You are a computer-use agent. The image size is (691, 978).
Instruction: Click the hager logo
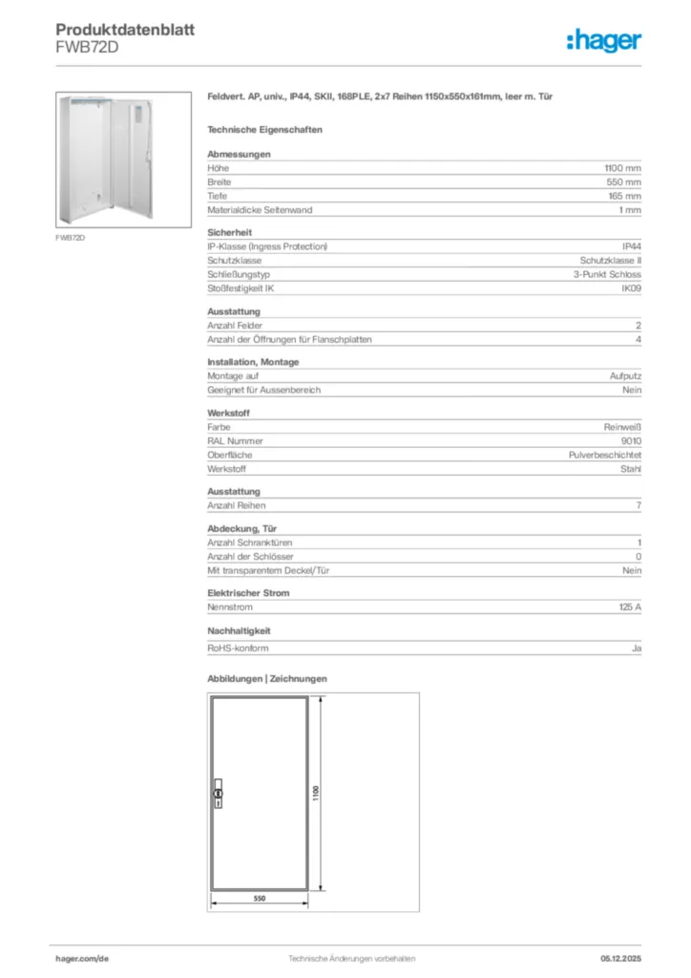point(604,40)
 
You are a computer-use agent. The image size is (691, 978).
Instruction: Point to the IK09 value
point(632,287)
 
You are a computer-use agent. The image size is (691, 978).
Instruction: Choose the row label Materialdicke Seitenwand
point(260,209)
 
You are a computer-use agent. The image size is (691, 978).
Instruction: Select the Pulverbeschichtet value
point(605,456)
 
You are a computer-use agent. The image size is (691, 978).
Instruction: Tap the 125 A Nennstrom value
point(630,606)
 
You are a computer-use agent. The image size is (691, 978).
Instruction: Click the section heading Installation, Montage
point(253,362)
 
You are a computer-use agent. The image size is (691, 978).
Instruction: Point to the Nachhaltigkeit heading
point(239,631)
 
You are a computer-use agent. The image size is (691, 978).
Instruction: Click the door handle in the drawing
point(218,795)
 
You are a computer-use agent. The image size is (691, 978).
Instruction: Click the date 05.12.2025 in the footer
point(620,958)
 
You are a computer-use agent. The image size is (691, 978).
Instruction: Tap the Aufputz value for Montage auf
point(626,376)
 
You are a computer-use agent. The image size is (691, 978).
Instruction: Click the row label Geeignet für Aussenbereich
point(263,390)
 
